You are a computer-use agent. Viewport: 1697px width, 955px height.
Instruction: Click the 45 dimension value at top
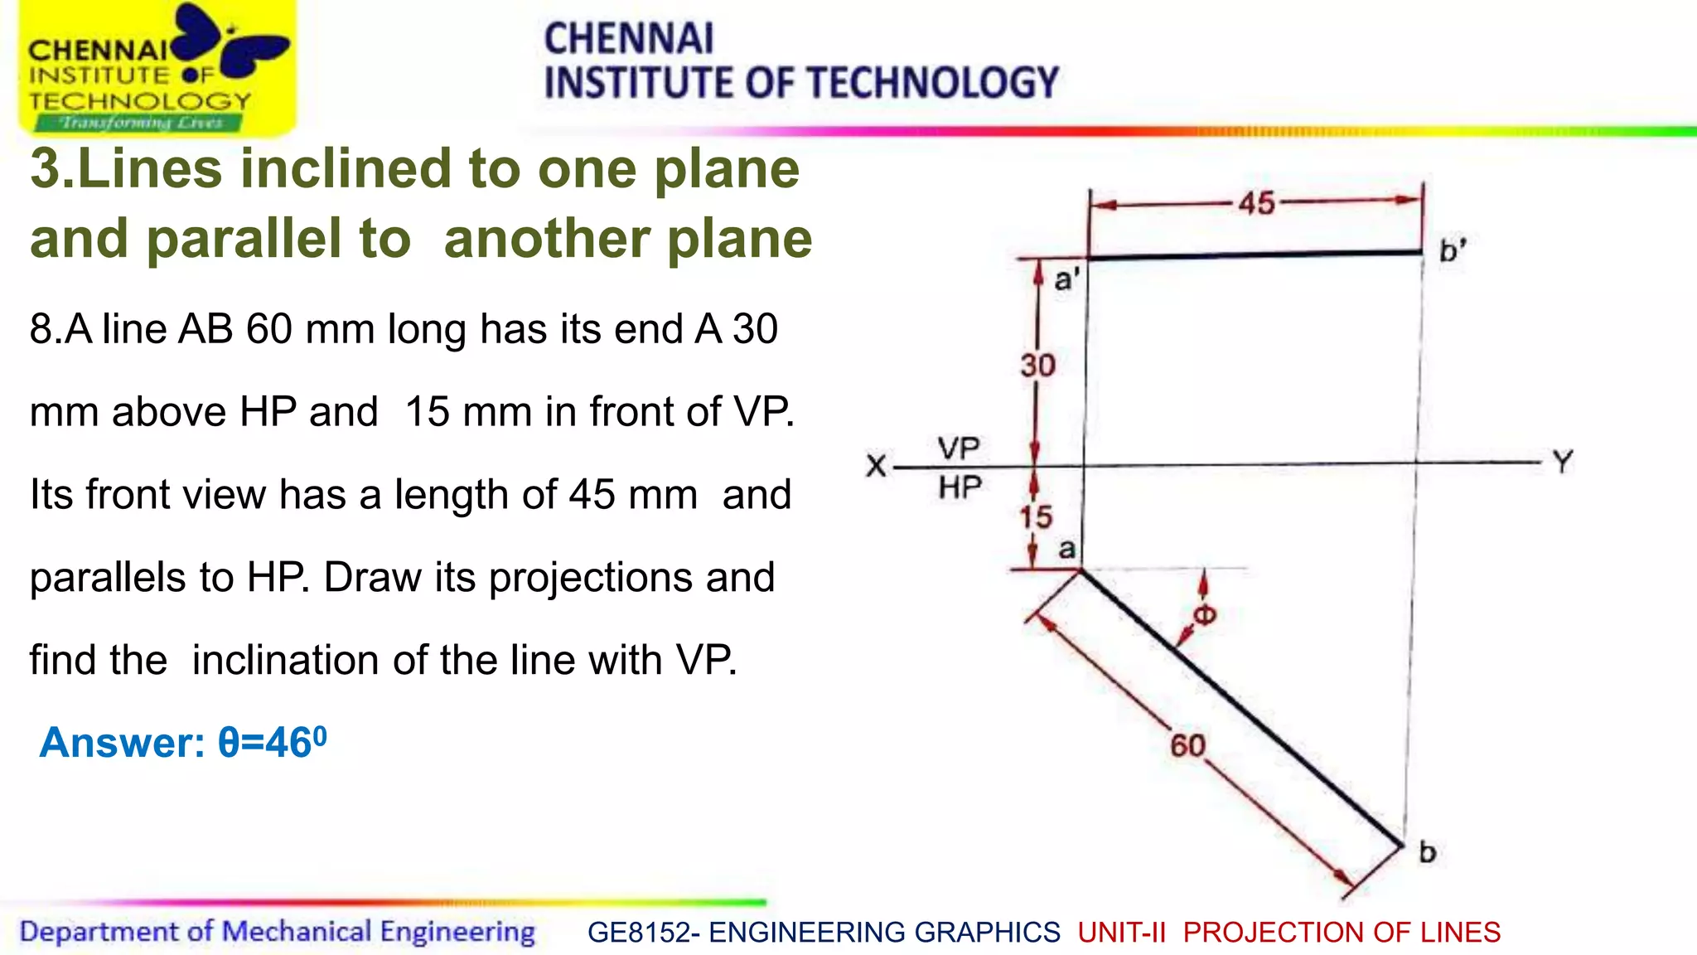1256,203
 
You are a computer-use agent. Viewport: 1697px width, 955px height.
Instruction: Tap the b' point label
1452,250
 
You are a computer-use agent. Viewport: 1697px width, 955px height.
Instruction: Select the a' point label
1066,279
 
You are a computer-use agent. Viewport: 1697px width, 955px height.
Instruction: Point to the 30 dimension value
1037,366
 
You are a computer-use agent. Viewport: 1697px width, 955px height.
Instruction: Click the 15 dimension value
1036,517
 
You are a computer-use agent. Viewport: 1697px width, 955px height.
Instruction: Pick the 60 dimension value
1187,746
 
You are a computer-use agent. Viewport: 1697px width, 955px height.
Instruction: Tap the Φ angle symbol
1204,615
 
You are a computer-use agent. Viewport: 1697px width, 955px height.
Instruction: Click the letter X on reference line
876,465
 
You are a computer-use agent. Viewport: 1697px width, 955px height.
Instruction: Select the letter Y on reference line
1563,462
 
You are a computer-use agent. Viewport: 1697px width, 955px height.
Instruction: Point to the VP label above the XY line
959,448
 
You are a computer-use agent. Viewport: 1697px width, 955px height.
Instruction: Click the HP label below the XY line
960,487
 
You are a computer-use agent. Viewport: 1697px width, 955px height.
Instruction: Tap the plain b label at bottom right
1427,852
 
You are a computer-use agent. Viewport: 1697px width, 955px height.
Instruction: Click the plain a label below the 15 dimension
1067,549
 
